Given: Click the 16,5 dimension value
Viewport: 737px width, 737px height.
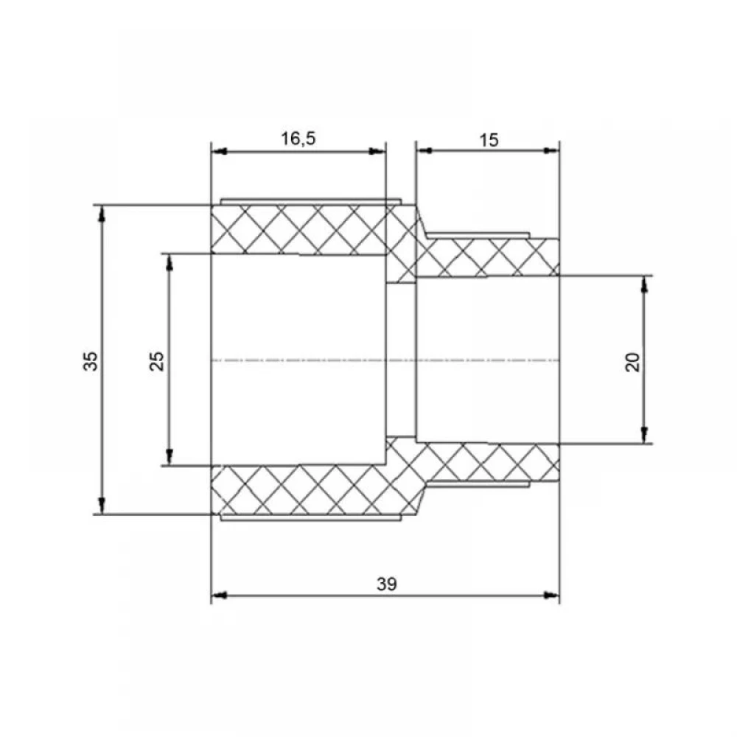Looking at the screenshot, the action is [x=298, y=139].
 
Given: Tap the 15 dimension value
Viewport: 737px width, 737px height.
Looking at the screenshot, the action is [x=489, y=140].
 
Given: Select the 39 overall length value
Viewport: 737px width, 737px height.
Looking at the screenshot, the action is [x=386, y=584].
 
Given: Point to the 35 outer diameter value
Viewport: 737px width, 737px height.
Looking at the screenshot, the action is [x=91, y=361].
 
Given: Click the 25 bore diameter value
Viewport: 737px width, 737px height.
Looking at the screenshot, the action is [x=157, y=361].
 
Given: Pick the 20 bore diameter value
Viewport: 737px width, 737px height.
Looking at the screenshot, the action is [x=632, y=362].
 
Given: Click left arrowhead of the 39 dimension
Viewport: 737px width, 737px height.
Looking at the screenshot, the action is [x=219, y=595].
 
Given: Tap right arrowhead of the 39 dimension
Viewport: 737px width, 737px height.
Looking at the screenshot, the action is [x=552, y=595].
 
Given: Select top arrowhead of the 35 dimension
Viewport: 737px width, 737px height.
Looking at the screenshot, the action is [x=101, y=214].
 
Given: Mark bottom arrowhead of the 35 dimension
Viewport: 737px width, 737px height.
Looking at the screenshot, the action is [x=101, y=506].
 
